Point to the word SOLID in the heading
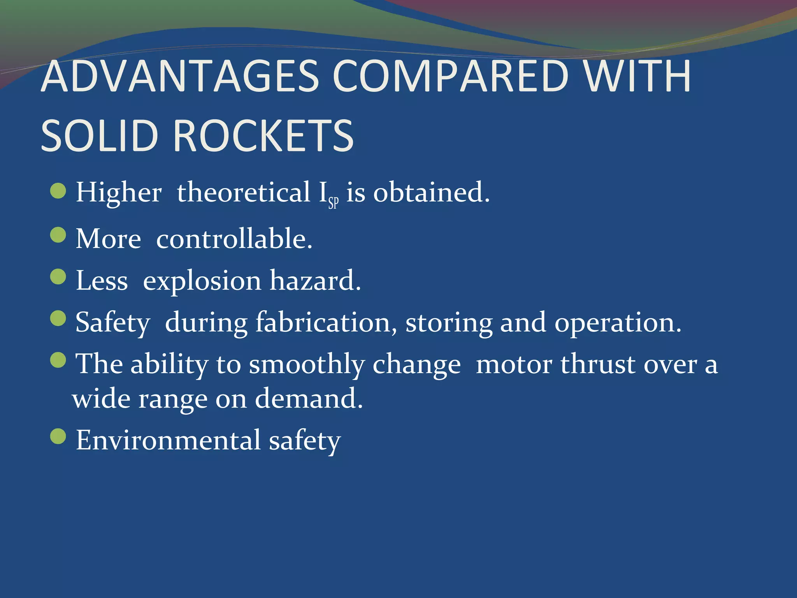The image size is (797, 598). tap(100, 136)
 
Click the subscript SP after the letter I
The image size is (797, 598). tap(334, 203)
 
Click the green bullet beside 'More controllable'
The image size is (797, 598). tap(58, 235)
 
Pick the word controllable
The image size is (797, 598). tap(234, 239)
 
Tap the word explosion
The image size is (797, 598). tap(202, 281)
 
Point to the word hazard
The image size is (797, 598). tap(315, 281)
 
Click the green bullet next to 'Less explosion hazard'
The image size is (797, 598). tap(58, 277)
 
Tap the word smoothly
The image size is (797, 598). tap(307, 365)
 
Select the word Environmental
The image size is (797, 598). tap(168, 440)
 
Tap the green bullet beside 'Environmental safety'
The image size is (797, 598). tap(58, 436)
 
